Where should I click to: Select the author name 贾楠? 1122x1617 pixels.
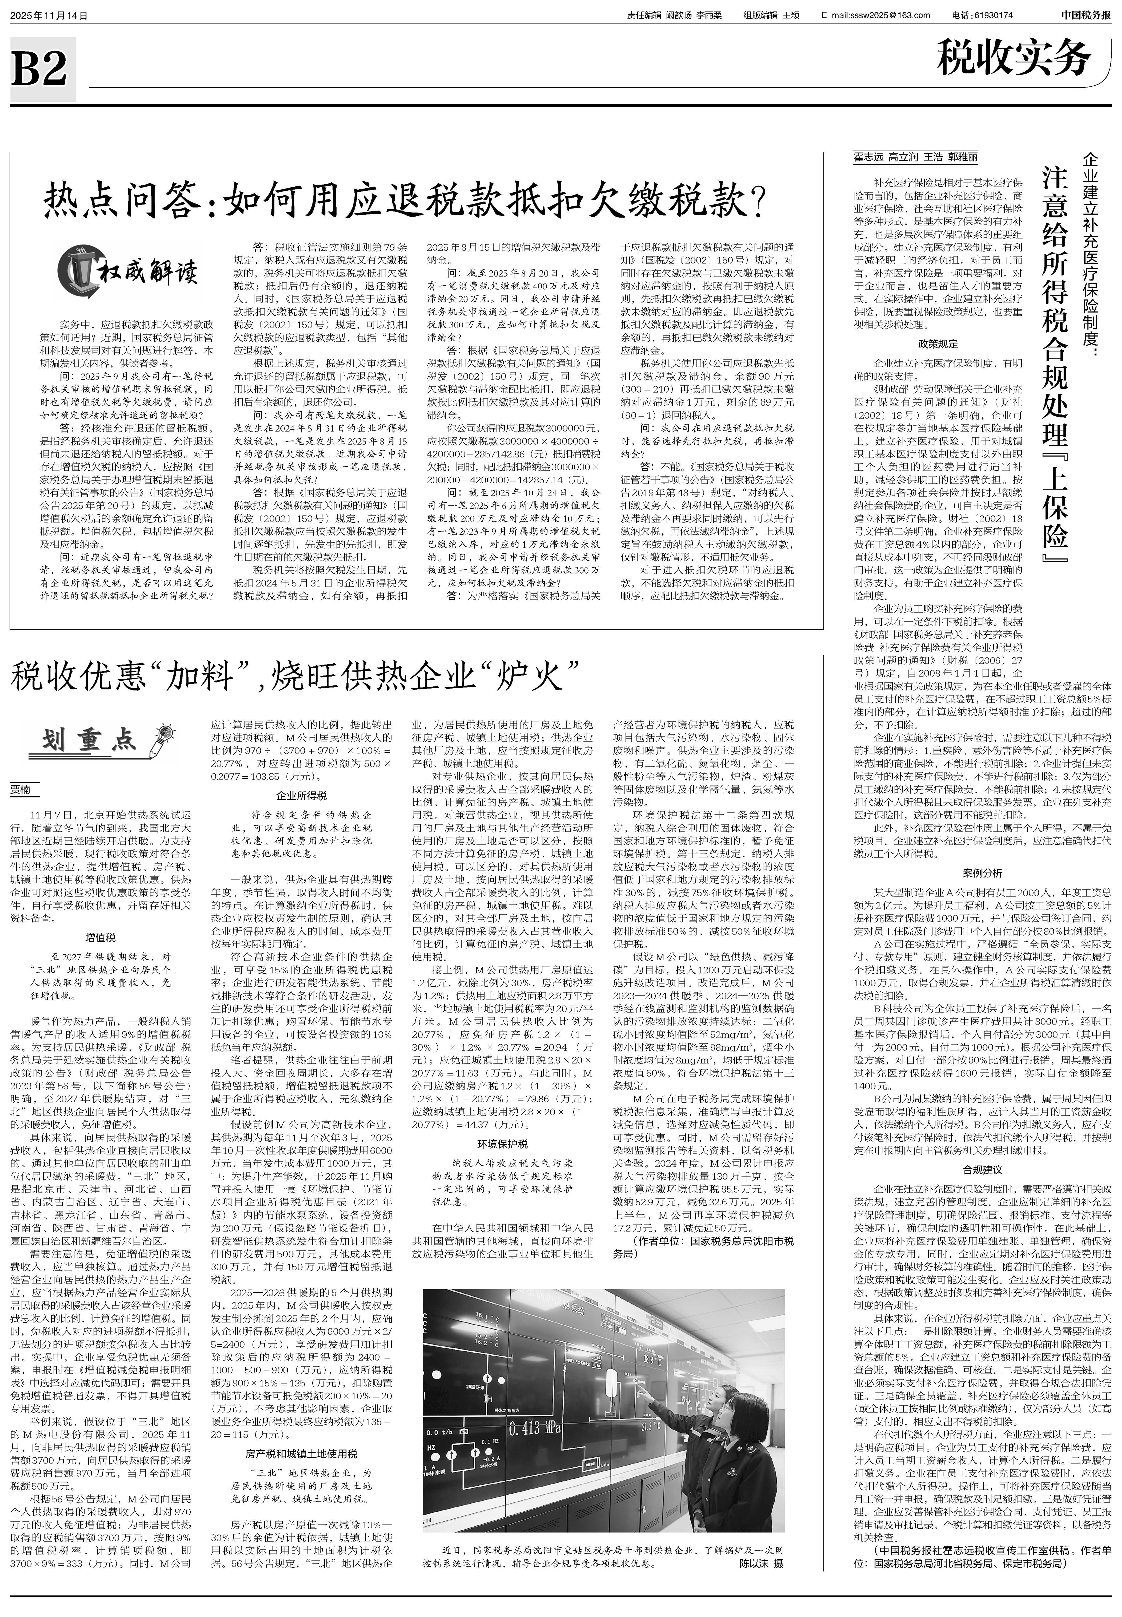(21, 790)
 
